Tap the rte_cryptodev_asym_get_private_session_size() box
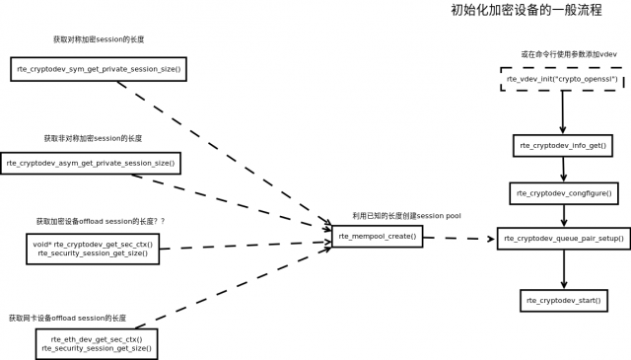point(91,162)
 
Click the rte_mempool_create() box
point(378,237)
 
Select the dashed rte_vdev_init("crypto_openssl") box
point(561,79)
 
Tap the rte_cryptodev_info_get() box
point(562,146)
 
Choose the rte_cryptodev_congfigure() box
point(563,192)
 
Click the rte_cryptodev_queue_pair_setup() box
point(561,238)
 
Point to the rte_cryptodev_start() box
point(563,299)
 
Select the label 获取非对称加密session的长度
point(92,138)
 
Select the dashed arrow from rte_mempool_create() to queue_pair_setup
point(458,238)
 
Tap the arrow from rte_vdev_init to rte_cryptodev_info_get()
point(562,113)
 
